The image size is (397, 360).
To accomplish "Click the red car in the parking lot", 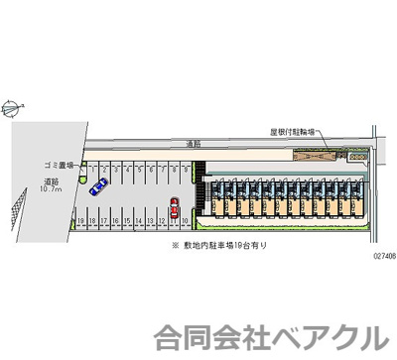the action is point(174,208).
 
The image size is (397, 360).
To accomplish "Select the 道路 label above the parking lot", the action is point(194,145).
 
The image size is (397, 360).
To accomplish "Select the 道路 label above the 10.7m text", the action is point(51,181).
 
